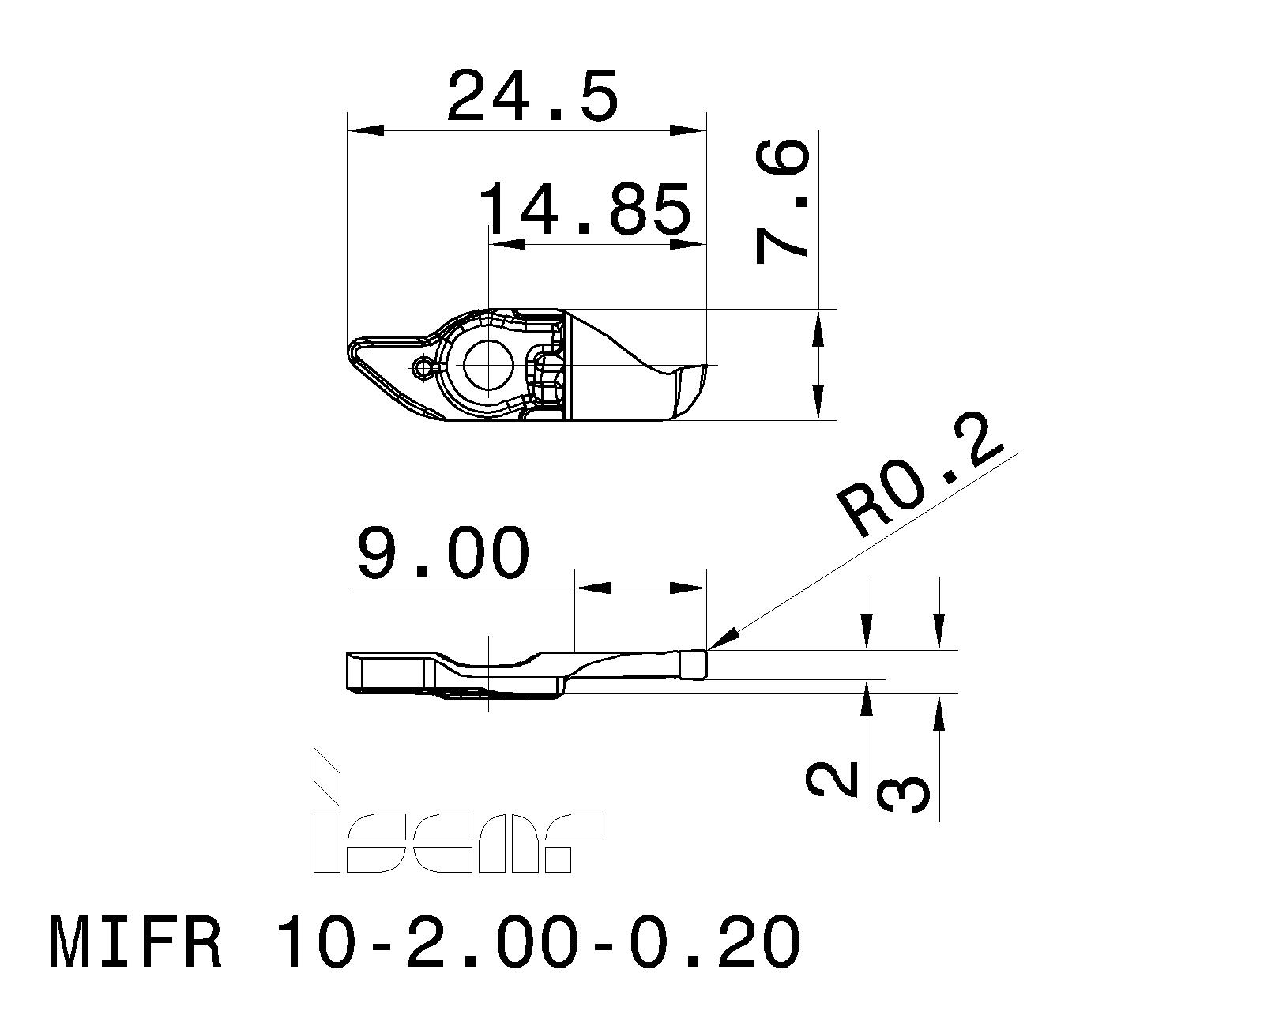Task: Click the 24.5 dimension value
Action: (x=531, y=96)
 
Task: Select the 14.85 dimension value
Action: (x=585, y=210)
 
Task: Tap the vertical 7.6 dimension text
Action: (x=783, y=202)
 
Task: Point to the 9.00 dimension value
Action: (x=442, y=554)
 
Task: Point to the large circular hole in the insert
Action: (x=489, y=365)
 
